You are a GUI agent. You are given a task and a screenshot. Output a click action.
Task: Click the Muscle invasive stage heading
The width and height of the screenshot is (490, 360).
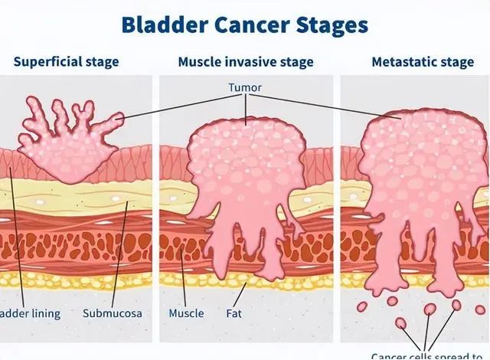[x=245, y=61]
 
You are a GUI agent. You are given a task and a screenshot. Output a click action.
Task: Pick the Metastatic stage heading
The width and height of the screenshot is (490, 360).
[x=422, y=61]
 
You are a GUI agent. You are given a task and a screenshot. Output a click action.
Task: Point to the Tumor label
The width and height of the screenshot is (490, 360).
[x=245, y=87]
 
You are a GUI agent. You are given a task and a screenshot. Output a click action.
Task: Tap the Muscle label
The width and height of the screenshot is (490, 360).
[x=187, y=313]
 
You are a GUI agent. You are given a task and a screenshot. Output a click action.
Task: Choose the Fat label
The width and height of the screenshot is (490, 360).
[x=235, y=313]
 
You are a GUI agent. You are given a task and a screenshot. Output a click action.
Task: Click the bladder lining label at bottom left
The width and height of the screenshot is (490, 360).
[x=29, y=313]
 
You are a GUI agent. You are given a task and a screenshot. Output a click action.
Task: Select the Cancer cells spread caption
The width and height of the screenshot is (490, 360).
[x=430, y=355]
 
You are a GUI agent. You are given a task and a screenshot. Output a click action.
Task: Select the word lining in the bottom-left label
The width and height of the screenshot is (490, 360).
[x=46, y=313]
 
